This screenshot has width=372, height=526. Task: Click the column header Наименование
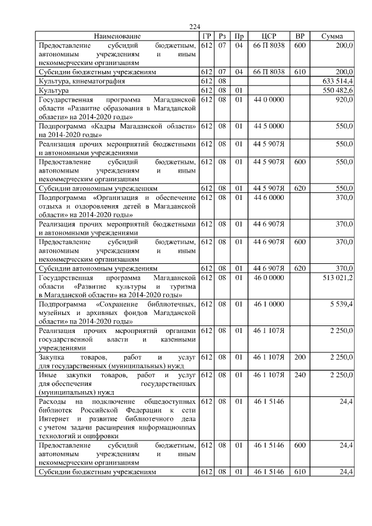pyautogui.click(x=117, y=36)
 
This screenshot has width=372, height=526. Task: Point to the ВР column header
pyautogui.click(x=300, y=36)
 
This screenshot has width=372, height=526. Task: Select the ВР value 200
pyautogui.click(x=300, y=355)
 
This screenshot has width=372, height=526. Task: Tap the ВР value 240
pyautogui.click(x=300, y=375)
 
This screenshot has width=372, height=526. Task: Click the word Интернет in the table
pyautogui.click(x=54, y=418)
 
